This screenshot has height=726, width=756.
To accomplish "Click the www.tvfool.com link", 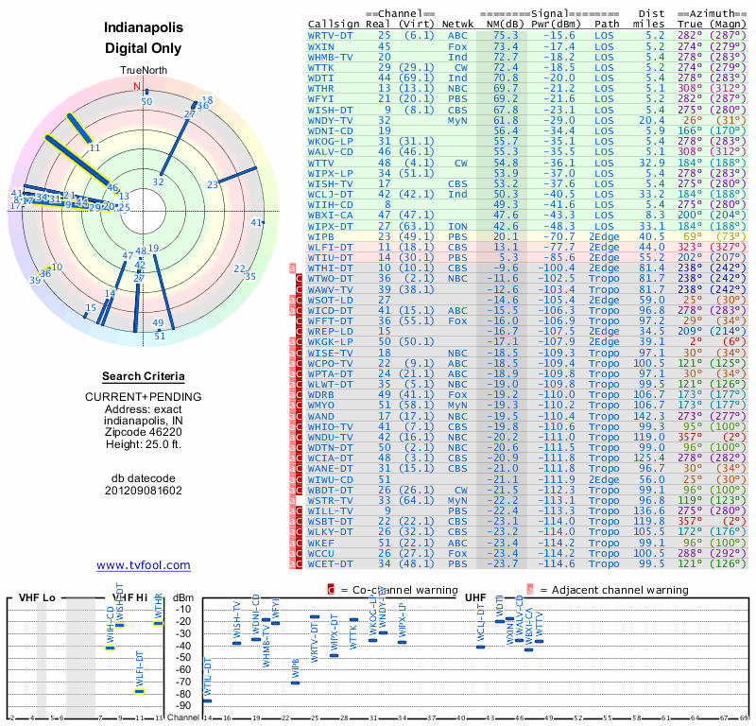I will [143, 565].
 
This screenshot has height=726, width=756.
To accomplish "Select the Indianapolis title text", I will [144, 28].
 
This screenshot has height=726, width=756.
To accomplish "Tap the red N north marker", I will [136, 86].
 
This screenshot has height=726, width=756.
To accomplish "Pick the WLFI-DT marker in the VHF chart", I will [140, 690].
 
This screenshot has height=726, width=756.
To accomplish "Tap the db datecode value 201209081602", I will [144, 491].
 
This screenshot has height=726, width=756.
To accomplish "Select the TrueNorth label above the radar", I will [143, 72].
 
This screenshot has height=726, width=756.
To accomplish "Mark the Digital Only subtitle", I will [144, 48].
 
